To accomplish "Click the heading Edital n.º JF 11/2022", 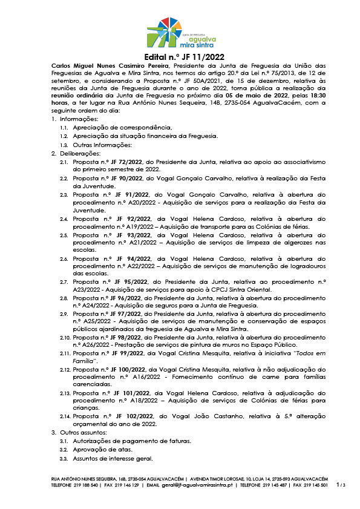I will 180,57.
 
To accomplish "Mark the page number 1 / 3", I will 341,485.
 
